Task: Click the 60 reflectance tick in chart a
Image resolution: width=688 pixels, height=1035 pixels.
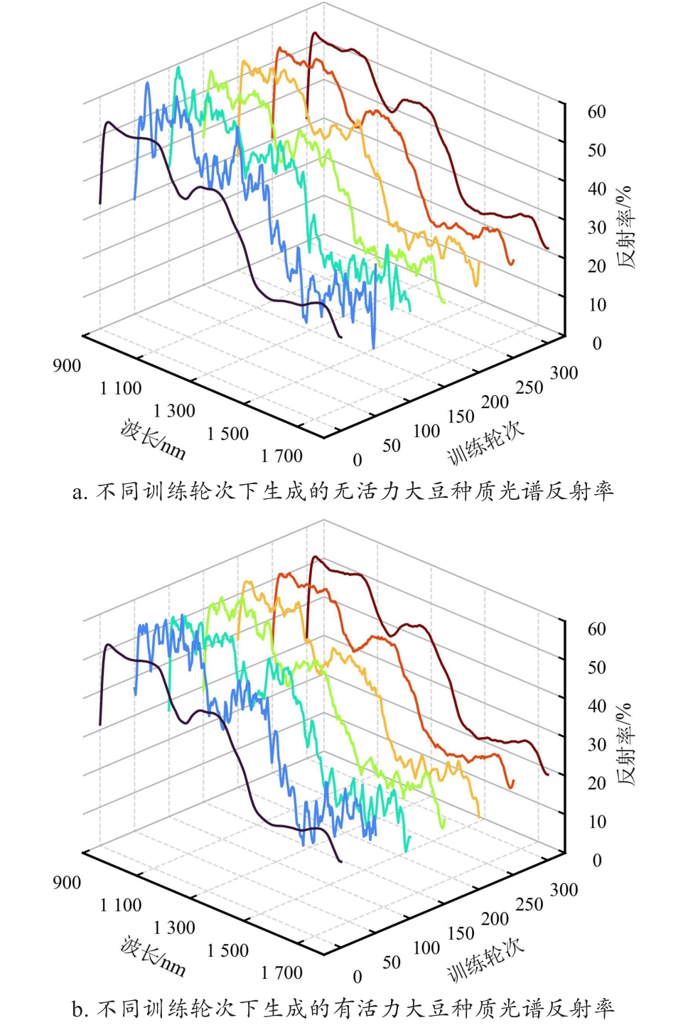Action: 596,112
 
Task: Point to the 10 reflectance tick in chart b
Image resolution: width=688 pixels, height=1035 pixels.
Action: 596,822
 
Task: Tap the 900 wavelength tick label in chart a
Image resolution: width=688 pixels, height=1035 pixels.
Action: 67,365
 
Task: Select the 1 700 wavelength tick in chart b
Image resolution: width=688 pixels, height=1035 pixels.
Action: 282,972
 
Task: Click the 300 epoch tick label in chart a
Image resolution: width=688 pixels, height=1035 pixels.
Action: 564,373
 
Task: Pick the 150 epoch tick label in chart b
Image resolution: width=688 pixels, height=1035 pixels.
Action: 461,933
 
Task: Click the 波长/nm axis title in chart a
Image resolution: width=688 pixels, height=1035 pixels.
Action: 153,439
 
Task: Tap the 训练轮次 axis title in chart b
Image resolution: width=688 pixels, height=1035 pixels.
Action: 485,959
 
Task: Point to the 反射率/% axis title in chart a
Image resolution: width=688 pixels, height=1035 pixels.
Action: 625,227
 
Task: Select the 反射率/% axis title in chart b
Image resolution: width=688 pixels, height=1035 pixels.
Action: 625,744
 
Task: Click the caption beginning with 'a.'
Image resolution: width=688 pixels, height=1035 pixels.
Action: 343,491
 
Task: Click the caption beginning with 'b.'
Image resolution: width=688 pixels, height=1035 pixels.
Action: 343,1008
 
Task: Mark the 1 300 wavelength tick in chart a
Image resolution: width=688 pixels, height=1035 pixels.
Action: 174,411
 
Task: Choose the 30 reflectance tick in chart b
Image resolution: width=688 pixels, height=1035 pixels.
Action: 596,744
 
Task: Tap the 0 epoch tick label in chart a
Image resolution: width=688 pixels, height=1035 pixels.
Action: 358,460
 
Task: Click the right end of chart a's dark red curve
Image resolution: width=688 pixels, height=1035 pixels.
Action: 548,248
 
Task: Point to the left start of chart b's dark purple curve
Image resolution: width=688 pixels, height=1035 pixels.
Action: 100,724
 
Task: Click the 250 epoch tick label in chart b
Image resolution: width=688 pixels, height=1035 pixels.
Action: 529,904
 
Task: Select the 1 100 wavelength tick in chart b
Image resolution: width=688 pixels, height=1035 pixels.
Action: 121,905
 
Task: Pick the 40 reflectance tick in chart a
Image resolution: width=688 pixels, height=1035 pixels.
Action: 596,189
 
